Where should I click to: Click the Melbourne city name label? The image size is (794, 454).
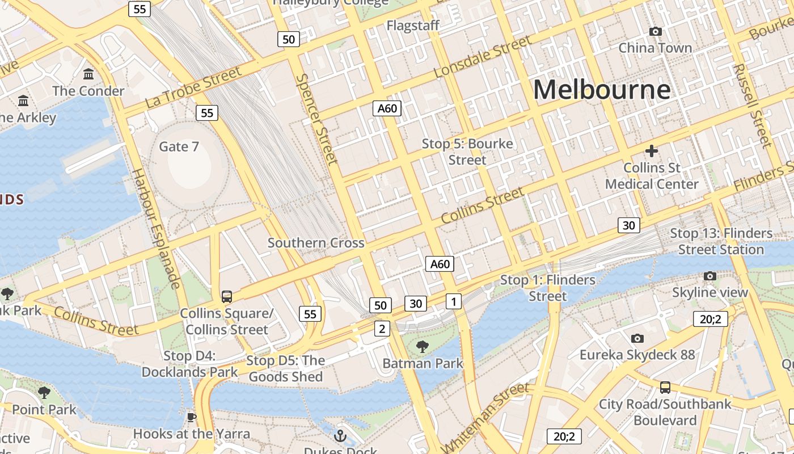[602, 90]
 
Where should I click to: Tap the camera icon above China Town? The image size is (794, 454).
[655, 32]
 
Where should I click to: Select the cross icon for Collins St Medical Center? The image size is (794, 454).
[652, 151]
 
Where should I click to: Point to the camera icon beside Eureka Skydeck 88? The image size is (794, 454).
[637, 338]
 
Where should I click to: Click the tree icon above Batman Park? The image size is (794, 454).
[423, 346]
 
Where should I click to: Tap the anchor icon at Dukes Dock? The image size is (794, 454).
[340, 436]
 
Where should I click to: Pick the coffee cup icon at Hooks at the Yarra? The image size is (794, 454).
[192, 418]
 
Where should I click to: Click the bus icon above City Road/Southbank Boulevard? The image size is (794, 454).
[665, 388]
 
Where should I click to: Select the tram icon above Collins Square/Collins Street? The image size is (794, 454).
[227, 296]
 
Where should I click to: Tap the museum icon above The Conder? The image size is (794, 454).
[88, 74]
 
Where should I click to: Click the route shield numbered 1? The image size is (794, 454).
[454, 301]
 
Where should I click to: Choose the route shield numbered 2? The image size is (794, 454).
[382, 329]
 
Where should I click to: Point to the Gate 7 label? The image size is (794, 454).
[179, 146]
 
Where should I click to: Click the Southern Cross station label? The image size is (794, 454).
[316, 243]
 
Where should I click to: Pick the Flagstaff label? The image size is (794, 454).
[413, 26]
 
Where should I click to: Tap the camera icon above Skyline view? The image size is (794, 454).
[709, 276]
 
